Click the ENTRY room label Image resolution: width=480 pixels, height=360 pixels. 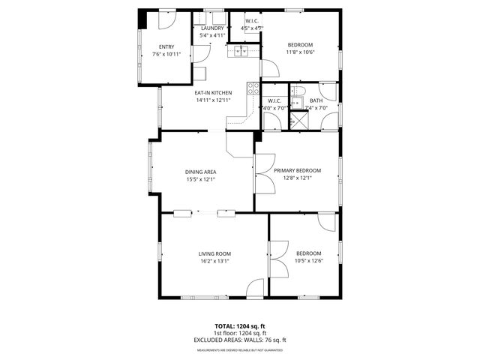tap(166, 46)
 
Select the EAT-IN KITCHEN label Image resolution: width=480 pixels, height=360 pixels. tap(213, 92)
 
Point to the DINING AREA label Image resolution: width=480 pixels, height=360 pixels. tap(201, 172)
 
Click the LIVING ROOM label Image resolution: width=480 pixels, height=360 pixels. tap(214, 253)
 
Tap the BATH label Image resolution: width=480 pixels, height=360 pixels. tap(316, 100)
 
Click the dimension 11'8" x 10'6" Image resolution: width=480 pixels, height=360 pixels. tap(301, 52)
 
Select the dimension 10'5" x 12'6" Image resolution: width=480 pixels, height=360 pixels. tap(307, 261)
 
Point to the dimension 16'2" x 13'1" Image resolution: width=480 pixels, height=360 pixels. tap(214, 261)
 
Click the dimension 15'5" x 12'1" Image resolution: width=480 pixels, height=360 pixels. tap(201, 180)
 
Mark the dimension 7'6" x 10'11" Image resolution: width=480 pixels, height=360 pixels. tap(166, 54)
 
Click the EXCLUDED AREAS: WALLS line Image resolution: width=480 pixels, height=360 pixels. tap(240, 340)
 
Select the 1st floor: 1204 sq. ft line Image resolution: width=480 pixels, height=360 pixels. tap(240, 333)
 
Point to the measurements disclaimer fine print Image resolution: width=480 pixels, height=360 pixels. tap(240, 349)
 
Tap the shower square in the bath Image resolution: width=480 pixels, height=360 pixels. tap(298, 118)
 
